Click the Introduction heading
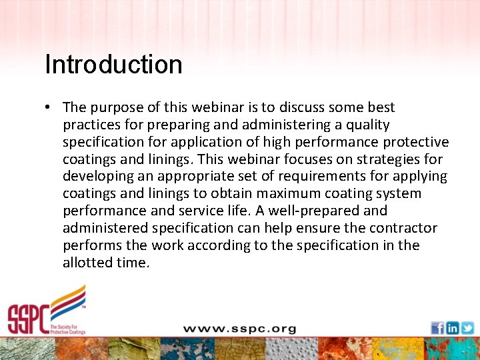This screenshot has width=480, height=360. (113, 65)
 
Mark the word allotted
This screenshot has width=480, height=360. (87, 263)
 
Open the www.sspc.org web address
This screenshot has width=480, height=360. (239, 329)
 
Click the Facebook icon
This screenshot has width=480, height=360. (437, 328)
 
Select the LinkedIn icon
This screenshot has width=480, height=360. (452, 328)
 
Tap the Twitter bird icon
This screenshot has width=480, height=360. (467, 328)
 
